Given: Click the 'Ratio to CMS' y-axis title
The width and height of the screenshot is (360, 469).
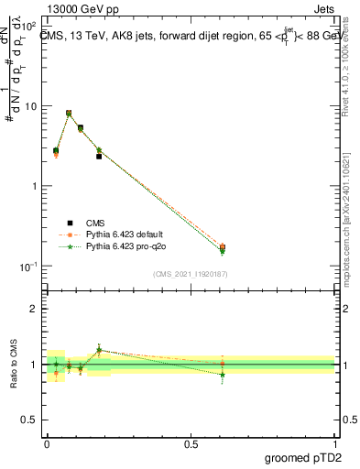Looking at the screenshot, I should coord(16,364).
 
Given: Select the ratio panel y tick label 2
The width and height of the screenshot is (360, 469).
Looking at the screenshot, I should coord(35,309).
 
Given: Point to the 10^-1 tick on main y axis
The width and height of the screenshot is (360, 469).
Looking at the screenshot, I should coord(29,266).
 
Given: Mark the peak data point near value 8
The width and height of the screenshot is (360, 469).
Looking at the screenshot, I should coord(69,113).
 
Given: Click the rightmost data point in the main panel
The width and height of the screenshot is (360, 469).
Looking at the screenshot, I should coord(223,247).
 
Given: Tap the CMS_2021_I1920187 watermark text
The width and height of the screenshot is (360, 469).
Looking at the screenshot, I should coord(191,274).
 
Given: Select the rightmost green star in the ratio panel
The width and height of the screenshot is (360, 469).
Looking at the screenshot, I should coord(223,375).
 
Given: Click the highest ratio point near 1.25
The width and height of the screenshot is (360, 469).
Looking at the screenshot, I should coord(99,350).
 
